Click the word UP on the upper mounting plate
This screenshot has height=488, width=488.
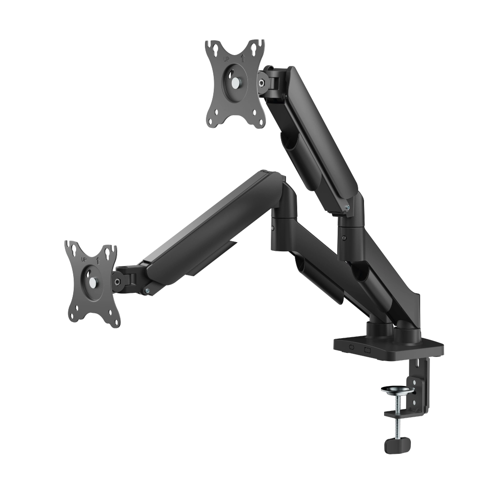(227, 58)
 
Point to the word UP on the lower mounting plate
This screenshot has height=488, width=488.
(84, 259)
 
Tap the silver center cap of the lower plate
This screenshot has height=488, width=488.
(92, 282)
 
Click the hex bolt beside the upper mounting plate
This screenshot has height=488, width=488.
(263, 82)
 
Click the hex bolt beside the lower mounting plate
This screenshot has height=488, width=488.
(117, 282)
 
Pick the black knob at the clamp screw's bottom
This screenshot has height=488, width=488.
(396, 446)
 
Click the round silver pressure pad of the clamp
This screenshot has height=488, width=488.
(397, 389)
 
